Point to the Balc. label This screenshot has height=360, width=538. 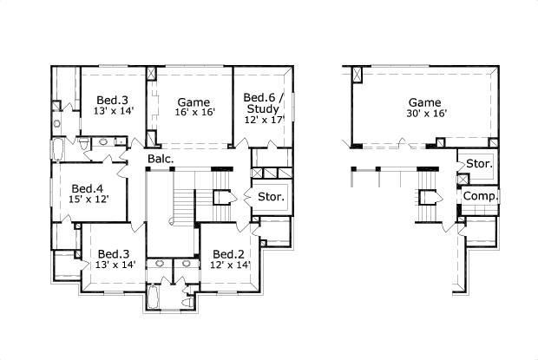tap(160, 159)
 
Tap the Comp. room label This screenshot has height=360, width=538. tap(479, 197)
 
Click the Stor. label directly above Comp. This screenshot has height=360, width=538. tap(479, 164)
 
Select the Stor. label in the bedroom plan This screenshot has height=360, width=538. tap(271, 197)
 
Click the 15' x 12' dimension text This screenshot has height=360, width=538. tap(88, 200)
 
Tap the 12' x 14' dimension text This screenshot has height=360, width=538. tap(231, 265)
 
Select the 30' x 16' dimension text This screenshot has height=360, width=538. tap(424, 114)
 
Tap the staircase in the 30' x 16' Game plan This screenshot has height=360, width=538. tap(428, 196)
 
